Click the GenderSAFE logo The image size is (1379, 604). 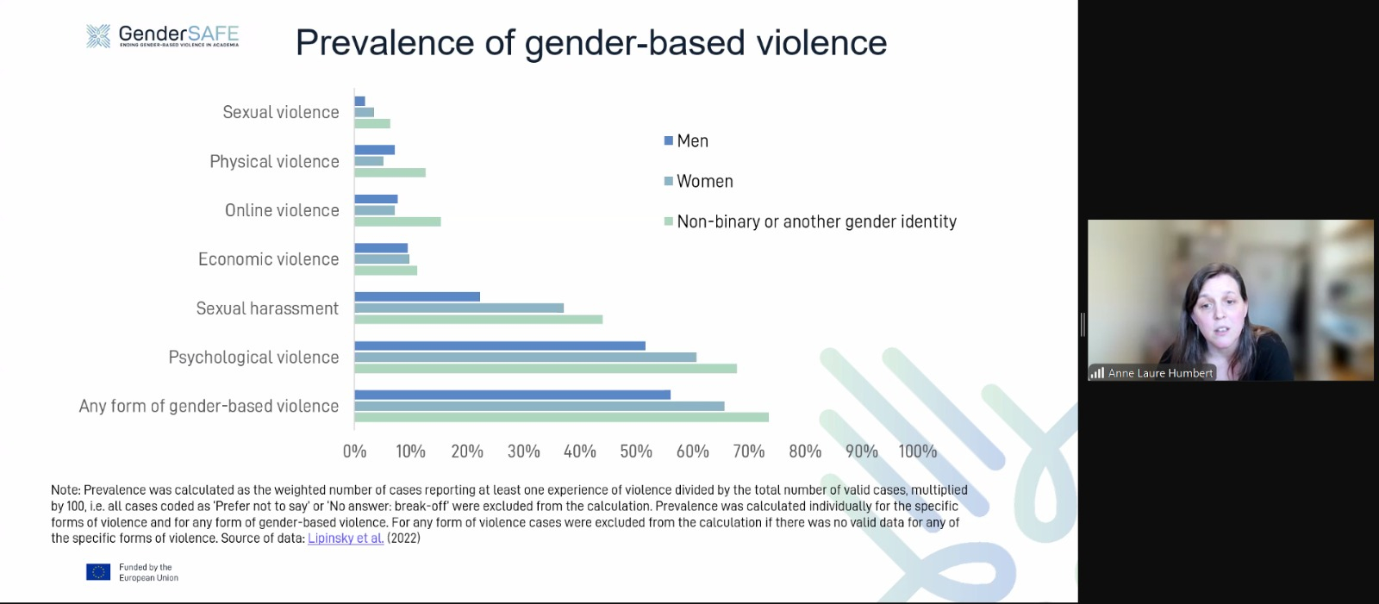[162, 36]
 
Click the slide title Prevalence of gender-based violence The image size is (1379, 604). [591, 43]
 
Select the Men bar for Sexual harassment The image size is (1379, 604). [417, 296]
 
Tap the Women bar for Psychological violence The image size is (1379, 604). [525, 357]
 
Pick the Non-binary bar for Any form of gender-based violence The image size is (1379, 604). [561, 417]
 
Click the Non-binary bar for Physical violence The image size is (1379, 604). [390, 172]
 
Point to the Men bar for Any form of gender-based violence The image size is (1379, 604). [512, 395]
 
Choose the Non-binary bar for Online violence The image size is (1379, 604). [397, 221]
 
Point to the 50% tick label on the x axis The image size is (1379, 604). [636, 451]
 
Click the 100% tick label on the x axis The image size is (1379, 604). [917, 451]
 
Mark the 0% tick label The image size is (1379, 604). [354, 451]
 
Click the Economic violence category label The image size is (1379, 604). [268, 259]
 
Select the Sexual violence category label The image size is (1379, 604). [280, 112]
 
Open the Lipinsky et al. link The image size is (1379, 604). [346, 539]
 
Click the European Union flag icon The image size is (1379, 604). [98, 572]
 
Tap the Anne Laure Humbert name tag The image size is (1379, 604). [1159, 373]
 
